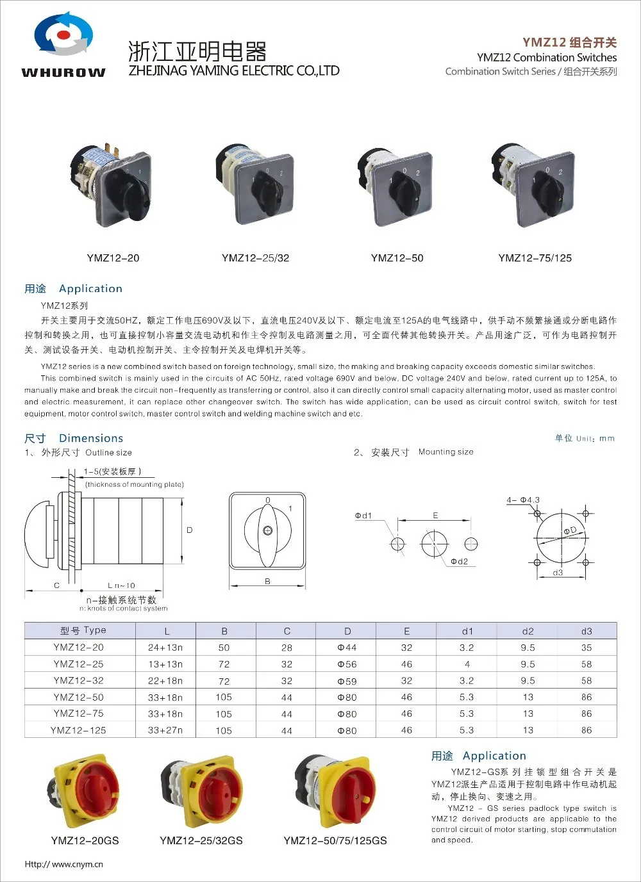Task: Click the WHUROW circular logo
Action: coord(63,35)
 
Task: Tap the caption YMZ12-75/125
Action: coord(535,258)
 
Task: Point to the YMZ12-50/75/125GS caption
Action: coord(335,840)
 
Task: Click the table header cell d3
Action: coord(587,631)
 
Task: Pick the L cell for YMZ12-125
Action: coord(165,730)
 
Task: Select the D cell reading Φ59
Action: coord(347,681)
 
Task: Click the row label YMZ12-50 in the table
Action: coord(78,698)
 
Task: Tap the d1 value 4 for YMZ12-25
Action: coord(467,664)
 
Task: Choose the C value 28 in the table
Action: coord(287,648)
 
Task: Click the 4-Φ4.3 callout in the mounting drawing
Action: coord(523,500)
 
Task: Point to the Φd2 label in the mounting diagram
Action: coord(459,562)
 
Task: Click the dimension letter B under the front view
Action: coord(267,582)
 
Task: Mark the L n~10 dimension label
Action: coord(121,585)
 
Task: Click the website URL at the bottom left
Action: coord(63,864)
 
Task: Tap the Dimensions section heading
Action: coord(91,438)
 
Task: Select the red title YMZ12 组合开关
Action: coord(569,42)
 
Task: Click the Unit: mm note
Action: coord(585,439)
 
